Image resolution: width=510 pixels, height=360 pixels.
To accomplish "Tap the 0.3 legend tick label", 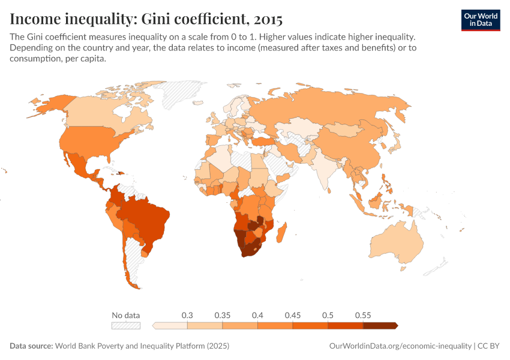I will (187, 315).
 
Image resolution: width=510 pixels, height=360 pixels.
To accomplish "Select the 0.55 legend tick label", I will (363, 315).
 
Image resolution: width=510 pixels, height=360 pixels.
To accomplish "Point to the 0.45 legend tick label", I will (293, 315).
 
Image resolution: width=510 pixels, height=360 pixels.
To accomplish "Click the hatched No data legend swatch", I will (126, 326).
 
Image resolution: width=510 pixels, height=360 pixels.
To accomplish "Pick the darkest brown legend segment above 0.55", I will (380, 326).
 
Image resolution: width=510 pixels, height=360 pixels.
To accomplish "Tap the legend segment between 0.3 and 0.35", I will (205, 326).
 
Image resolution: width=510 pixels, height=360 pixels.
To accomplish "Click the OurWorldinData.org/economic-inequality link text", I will (400, 346).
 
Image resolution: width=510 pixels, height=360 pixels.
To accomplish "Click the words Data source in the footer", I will (31, 346).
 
